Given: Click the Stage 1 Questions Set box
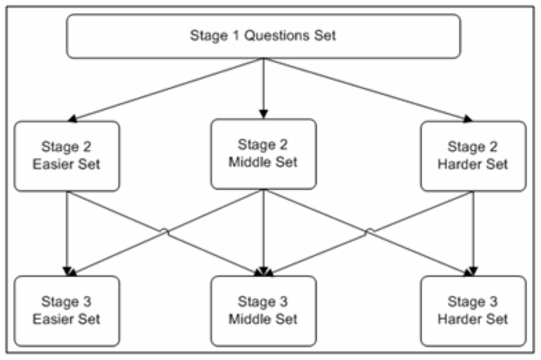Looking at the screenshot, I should click(x=263, y=35).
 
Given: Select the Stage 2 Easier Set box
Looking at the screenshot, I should click(x=67, y=156).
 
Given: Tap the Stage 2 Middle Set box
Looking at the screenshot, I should click(x=263, y=154).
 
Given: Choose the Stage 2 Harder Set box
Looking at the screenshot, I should click(x=473, y=156).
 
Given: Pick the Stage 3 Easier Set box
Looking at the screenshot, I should click(x=67, y=310).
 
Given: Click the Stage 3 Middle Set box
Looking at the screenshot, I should click(x=263, y=310).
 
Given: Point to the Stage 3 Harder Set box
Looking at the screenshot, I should click(x=473, y=310).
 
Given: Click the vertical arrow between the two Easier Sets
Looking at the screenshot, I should click(x=67, y=233).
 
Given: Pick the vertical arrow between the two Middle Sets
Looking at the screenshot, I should click(x=263, y=232).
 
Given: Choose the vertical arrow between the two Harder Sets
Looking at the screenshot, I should click(x=473, y=233).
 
